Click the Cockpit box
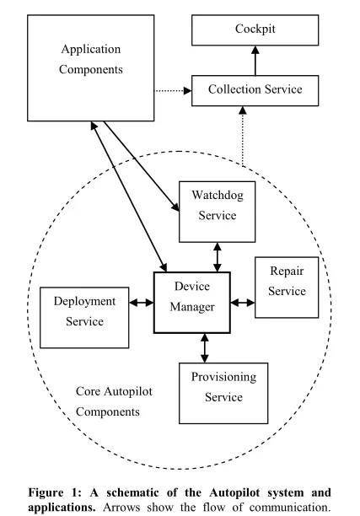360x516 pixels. tap(255, 30)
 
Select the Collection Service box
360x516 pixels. tap(255, 89)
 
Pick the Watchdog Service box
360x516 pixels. tap(218, 206)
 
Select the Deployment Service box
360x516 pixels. tap(78, 311)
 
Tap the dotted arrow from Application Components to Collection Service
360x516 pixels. tap(172, 89)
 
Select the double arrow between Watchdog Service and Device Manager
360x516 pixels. tap(218, 255)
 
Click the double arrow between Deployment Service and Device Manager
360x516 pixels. tap(141, 302)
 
